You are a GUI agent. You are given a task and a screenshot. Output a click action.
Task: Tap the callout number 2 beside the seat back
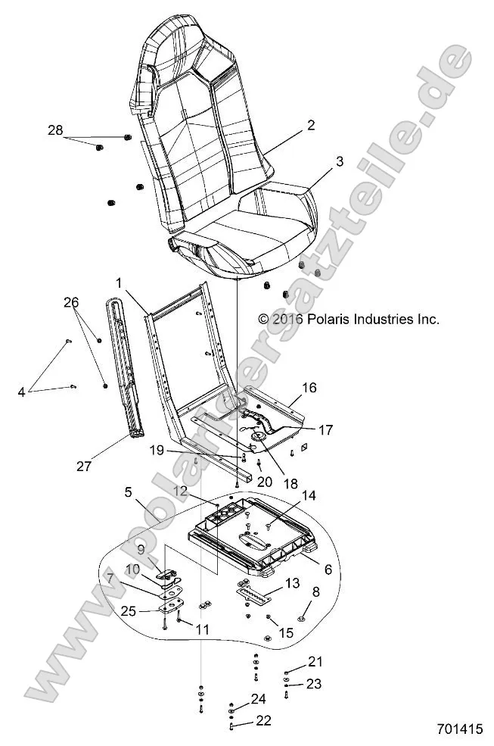pos(290,126)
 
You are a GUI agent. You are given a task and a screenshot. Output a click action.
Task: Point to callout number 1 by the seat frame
pos(119,282)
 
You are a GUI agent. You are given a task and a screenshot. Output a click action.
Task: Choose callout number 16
pos(309,388)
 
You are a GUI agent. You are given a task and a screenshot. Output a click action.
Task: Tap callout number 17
pos(325,429)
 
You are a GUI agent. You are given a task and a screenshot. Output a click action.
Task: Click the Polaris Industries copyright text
pos(348,320)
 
